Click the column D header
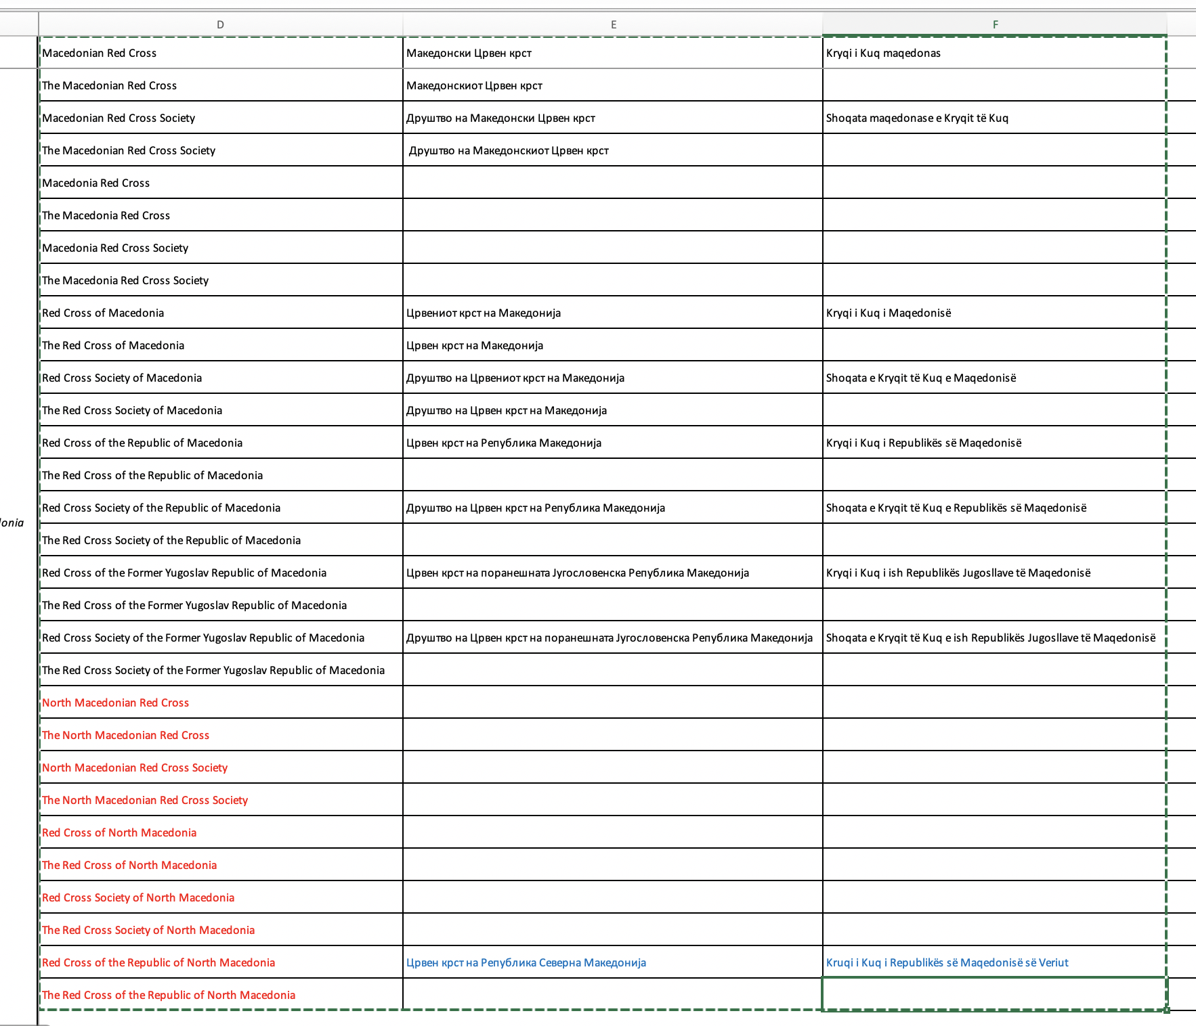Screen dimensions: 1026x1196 pyautogui.click(x=220, y=24)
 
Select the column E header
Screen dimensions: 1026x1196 pyautogui.click(x=613, y=24)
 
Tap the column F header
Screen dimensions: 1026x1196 pyautogui.click(x=995, y=24)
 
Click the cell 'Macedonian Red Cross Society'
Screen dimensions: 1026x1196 pyautogui.click(x=119, y=118)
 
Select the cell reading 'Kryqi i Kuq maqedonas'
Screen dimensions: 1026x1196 pyautogui.click(x=883, y=53)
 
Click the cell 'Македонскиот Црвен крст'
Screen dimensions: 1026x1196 pyautogui.click(x=474, y=85)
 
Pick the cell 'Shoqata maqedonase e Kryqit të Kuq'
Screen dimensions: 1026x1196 pyautogui.click(x=917, y=118)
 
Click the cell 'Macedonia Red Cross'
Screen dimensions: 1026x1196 pyautogui.click(x=96, y=183)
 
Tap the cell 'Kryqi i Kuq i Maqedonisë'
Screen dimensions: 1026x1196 pyautogui.click(x=889, y=313)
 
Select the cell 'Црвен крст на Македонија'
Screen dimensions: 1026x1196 pyautogui.click(x=475, y=345)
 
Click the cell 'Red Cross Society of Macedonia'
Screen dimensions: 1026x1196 pyautogui.click(x=122, y=378)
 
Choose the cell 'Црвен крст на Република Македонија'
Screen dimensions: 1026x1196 pyautogui.click(x=504, y=443)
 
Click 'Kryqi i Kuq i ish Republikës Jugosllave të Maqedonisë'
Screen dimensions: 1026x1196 pyautogui.click(x=958, y=573)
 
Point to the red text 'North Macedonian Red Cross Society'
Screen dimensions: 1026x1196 pyautogui.click(x=135, y=767)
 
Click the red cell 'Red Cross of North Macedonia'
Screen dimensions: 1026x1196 pyautogui.click(x=119, y=832)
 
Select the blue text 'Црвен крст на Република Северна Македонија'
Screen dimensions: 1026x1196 pyautogui.click(x=526, y=962)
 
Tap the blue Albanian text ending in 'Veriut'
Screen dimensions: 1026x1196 pyautogui.click(x=947, y=962)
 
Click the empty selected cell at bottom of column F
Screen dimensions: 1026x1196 pyautogui.click(x=994, y=994)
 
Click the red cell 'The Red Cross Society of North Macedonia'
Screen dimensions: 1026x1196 pyautogui.click(x=148, y=930)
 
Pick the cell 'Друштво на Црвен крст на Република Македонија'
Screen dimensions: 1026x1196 pyautogui.click(x=536, y=508)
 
